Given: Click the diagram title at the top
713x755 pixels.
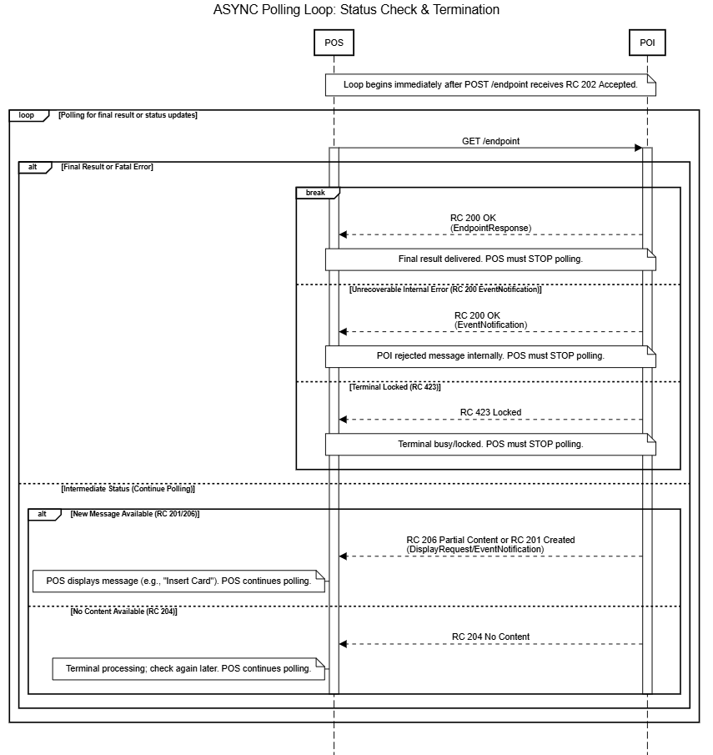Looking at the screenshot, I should [x=356, y=10].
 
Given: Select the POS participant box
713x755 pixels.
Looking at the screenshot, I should [x=334, y=43].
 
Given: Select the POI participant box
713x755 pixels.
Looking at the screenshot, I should [x=647, y=43].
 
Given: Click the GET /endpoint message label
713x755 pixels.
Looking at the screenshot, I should [x=490, y=141].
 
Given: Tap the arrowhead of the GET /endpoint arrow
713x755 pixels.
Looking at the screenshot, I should [x=638, y=148].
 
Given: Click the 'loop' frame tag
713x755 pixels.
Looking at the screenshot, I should [x=27, y=115].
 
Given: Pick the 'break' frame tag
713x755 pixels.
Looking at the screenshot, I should [x=315, y=193].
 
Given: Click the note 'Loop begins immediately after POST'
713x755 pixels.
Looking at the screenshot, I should [x=490, y=84].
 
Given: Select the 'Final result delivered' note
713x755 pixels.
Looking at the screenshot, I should [x=490, y=259].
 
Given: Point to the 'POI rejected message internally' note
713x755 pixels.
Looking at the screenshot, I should [x=490, y=355].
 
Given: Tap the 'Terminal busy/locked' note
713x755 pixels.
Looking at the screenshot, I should [x=490, y=444].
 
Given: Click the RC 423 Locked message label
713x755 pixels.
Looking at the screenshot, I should [x=490, y=412].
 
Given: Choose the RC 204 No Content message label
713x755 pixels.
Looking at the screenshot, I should [x=490, y=637].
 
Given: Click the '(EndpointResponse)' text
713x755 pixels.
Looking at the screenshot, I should [x=490, y=228].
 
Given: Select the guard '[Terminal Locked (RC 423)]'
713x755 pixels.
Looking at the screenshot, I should [x=394, y=387].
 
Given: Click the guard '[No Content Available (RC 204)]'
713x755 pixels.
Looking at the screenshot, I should [x=123, y=612].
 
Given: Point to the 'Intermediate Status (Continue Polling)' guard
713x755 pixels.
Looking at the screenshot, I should [x=128, y=488].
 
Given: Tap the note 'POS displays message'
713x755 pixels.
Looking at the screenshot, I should [x=178, y=581].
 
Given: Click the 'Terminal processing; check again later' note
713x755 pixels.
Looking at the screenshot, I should [x=188, y=668].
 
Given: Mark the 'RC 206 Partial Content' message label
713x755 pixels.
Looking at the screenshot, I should [x=490, y=540].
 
